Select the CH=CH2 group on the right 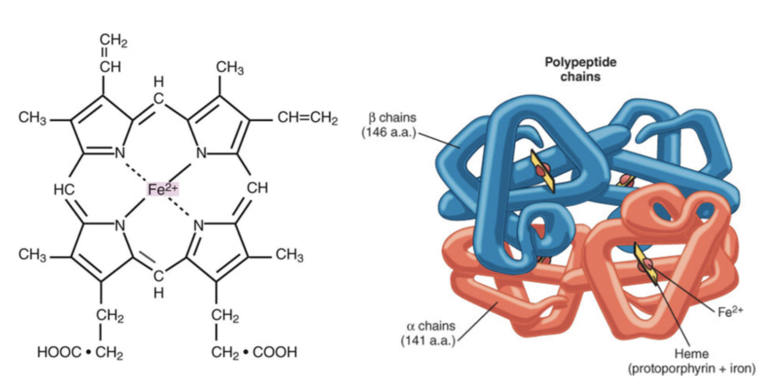click(307, 119)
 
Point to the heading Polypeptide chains click(580, 69)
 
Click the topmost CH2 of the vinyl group click(113, 41)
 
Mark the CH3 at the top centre click(230, 68)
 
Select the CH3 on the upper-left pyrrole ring click(32, 119)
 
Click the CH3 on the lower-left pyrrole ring click(32, 255)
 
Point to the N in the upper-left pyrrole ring click(120, 153)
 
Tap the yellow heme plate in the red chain click(645, 264)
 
